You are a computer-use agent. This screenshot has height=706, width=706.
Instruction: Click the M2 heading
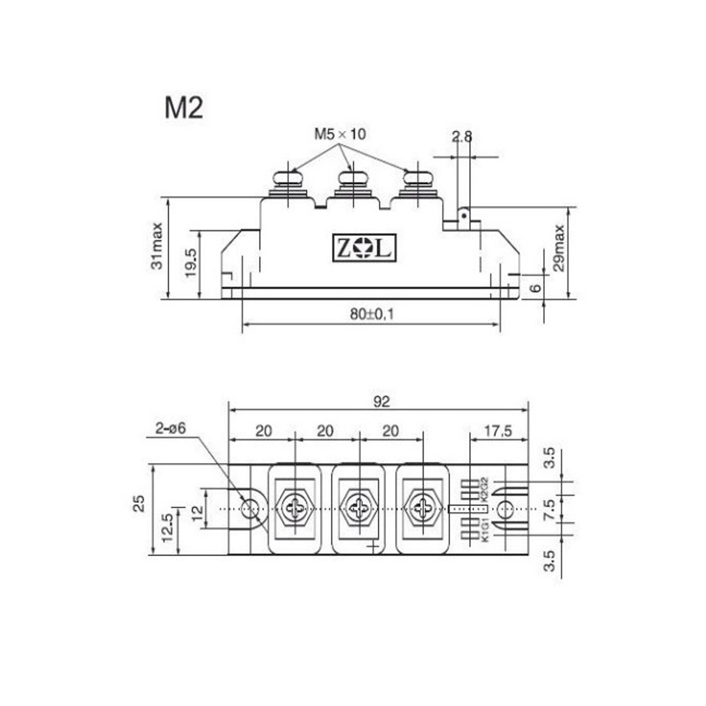(184, 108)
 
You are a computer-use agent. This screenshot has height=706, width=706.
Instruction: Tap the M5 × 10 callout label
(340, 134)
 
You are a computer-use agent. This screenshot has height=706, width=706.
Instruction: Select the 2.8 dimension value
(462, 136)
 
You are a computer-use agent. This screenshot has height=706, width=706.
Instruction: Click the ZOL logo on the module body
(364, 248)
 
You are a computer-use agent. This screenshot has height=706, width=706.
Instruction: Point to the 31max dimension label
(157, 246)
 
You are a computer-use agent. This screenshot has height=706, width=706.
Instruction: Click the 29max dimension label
(559, 248)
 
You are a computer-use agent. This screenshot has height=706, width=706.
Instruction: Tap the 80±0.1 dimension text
(372, 314)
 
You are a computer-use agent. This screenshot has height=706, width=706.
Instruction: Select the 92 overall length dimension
(381, 402)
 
